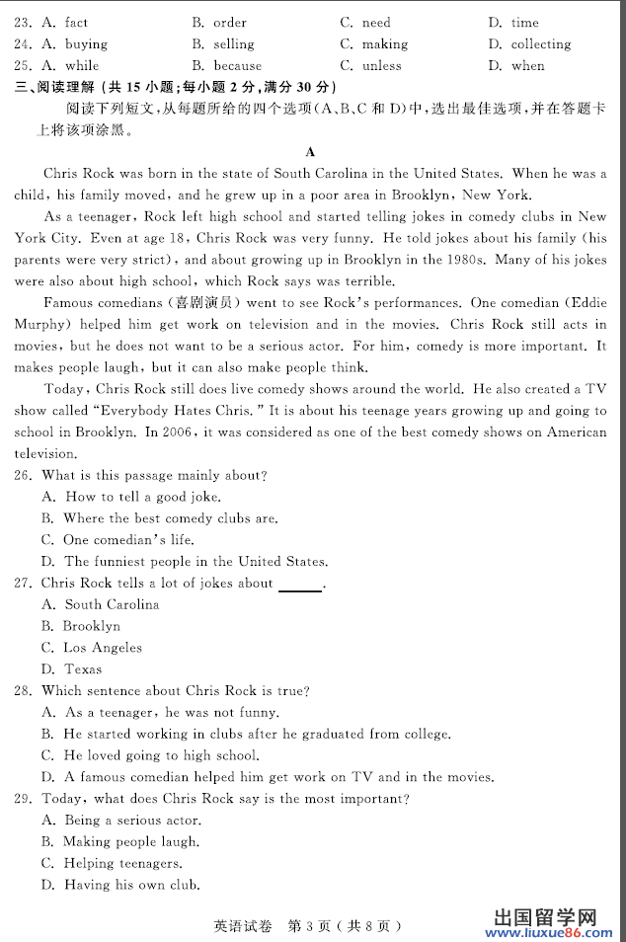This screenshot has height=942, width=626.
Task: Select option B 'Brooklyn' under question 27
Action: [91, 626]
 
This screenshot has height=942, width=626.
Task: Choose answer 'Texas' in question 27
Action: [83, 669]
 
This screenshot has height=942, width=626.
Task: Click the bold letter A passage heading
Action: [311, 151]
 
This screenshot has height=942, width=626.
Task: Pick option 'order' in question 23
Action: [230, 22]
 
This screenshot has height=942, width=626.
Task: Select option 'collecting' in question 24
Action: [540, 43]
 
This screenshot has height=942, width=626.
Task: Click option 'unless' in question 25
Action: [382, 65]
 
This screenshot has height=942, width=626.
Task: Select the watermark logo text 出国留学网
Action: [544, 912]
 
